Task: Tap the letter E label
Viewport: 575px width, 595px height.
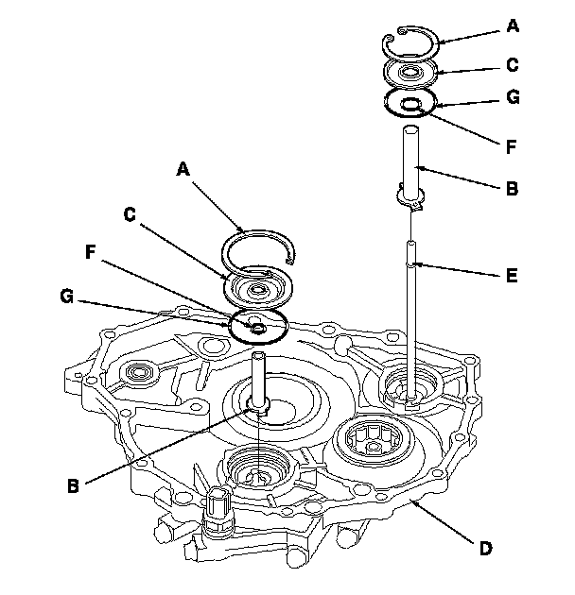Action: coord(512,278)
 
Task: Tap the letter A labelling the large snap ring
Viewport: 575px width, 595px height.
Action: coord(183,170)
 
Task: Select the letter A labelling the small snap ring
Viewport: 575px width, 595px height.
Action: coord(512,27)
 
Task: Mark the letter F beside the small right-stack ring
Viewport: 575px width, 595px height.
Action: coord(512,148)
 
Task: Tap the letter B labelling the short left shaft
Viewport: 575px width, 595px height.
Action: coord(72,486)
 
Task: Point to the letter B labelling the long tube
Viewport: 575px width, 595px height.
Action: coord(512,188)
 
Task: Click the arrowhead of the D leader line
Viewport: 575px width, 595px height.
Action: coord(409,500)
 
